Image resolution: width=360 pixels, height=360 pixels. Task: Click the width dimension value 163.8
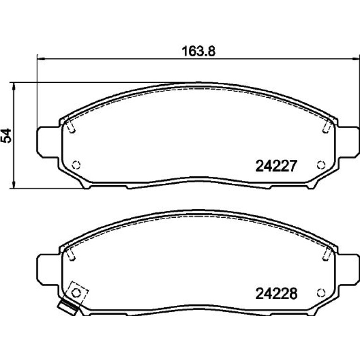click(198, 51)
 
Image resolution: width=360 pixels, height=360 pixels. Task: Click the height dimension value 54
click(7, 136)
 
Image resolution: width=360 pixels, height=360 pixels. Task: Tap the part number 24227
click(276, 166)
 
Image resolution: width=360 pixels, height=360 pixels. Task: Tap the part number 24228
click(276, 294)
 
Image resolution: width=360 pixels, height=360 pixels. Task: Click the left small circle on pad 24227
click(76, 165)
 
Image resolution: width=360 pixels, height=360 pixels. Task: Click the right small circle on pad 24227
click(321, 165)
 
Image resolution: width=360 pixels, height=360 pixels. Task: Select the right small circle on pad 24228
click(321, 293)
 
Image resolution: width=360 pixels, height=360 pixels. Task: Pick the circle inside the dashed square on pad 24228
click(76, 293)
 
